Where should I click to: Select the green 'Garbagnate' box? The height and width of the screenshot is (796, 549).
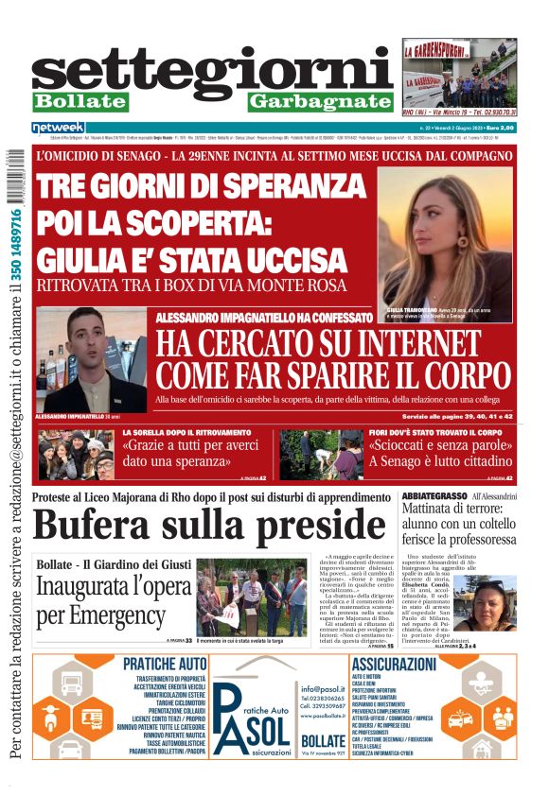pyautogui.click(x=320, y=101)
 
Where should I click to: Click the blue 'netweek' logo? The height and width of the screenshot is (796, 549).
pyautogui.click(x=58, y=127)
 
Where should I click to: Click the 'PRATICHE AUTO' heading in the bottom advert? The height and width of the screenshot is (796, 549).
pyautogui.click(x=163, y=666)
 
